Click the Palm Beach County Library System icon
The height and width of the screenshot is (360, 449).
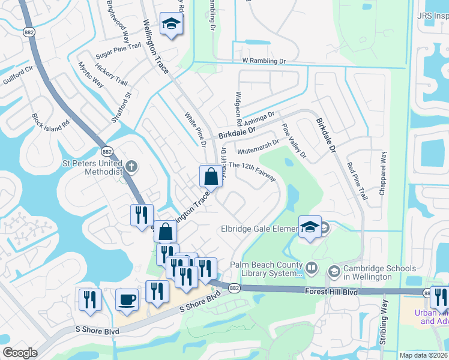(x=312, y=268)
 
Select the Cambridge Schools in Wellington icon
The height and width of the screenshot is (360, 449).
(x=333, y=272)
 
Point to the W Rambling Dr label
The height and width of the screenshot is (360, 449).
(x=264, y=61)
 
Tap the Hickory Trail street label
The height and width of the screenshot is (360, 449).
(x=112, y=75)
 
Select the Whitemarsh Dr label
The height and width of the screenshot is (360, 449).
(x=258, y=148)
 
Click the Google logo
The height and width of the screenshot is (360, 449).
(x=20, y=353)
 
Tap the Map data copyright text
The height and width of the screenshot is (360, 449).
(x=423, y=355)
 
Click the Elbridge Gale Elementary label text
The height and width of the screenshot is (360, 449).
(x=259, y=229)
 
